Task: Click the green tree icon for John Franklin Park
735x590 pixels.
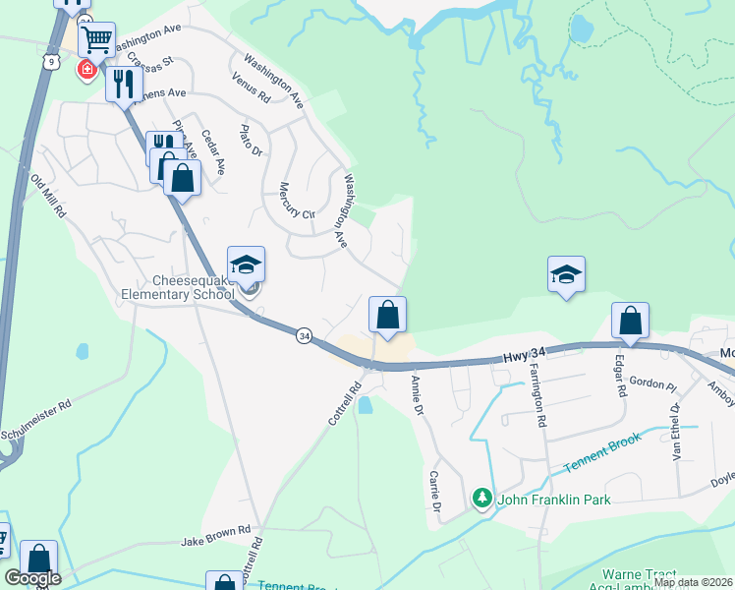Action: pyautogui.click(x=481, y=500)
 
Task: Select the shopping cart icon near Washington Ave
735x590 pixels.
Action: pyautogui.click(x=96, y=42)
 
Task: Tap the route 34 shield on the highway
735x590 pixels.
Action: pyautogui.click(x=304, y=336)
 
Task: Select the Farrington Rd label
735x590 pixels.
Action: pyautogui.click(x=538, y=394)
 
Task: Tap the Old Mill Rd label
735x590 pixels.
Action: pyautogui.click(x=47, y=197)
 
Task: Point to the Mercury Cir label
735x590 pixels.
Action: pyautogui.click(x=296, y=201)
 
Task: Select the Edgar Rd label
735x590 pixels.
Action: pyautogui.click(x=621, y=376)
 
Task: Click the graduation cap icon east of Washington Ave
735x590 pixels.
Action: pyautogui.click(x=566, y=274)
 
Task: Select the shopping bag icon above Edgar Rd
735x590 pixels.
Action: pyautogui.click(x=630, y=321)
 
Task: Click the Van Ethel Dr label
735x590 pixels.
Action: pyautogui.click(x=676, y=423)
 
